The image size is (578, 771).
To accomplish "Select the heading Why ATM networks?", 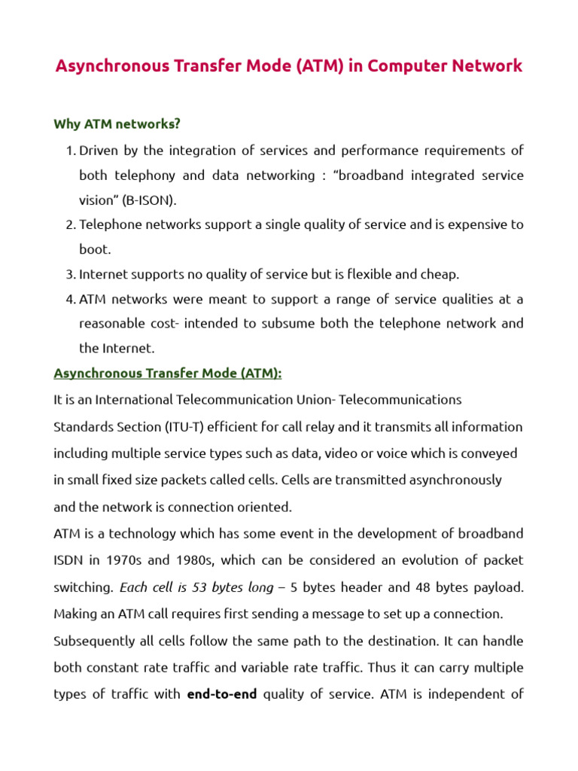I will [x=117, y=123].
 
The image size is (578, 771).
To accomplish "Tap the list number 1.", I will [x=70, y=151].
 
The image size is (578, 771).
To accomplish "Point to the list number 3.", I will [x=70, y=274].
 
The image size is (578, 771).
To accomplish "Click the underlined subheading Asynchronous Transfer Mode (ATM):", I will [x=167, y=373].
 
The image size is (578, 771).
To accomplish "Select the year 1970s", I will [x=120, y=560].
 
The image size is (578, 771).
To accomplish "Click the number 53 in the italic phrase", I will [x=198, y=587].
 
